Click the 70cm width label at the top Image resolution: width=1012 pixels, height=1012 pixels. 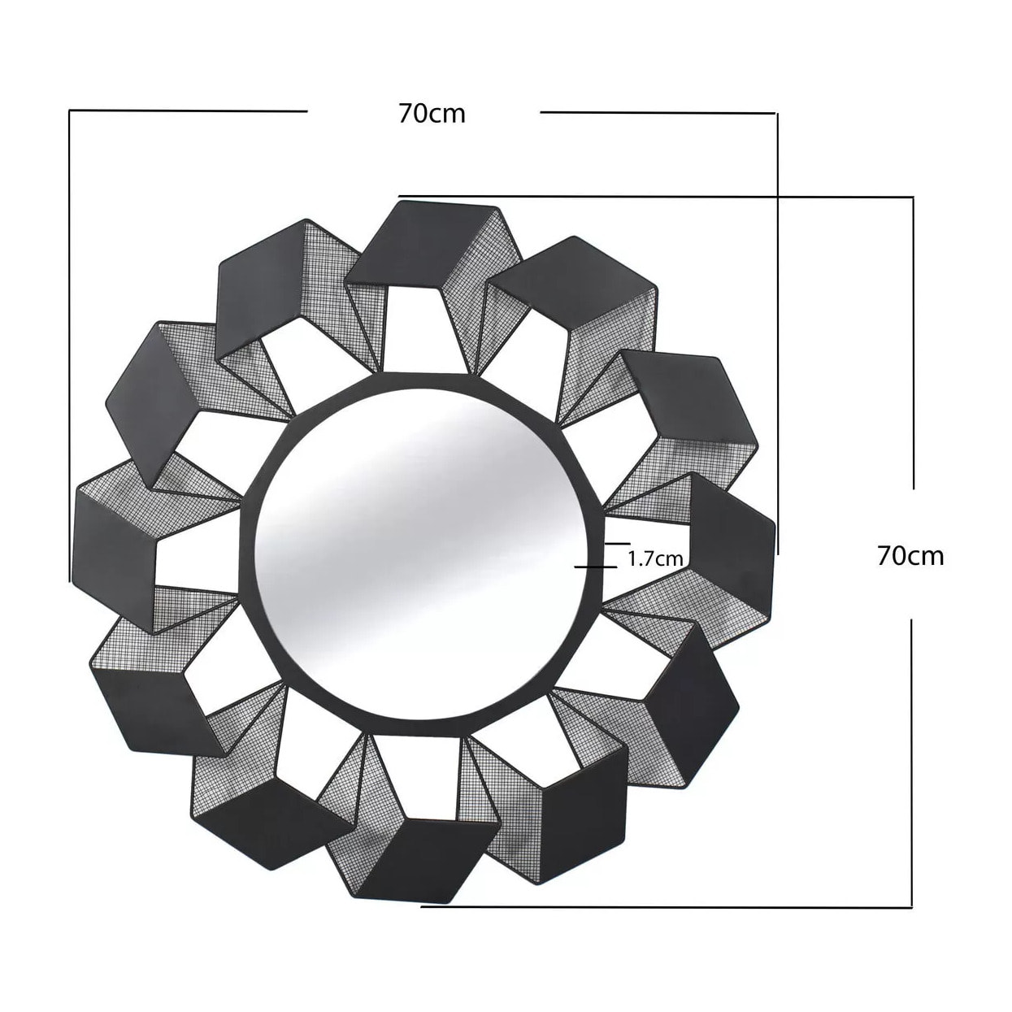pyautogui.click(x=432, y=113)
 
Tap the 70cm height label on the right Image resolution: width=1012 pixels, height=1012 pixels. pyautogui.click(x=910, y=556)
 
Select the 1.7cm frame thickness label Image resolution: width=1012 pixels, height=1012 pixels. pyautogui.click(x=655, y=558)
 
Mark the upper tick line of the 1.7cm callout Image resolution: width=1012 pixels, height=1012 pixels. pyautogui.click(x=617, y=542)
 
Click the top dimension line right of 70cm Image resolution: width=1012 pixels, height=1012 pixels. pyautogui.click(x=658, y=113)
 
